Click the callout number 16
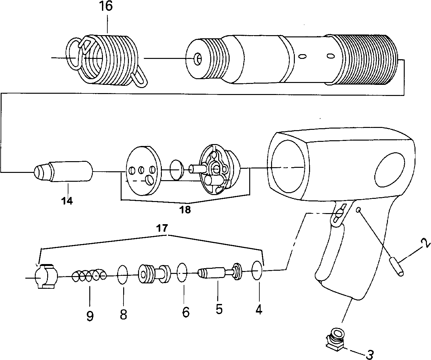coord(107,6)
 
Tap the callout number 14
coord(67,200)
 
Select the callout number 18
coord(185,210)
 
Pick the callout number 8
coord(123,314)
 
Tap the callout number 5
coord(219,309)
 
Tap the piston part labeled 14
coord(63,171)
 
